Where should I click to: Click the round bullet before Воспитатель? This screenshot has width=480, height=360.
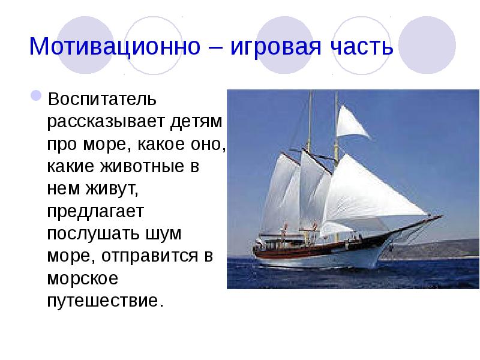point(36,96)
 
